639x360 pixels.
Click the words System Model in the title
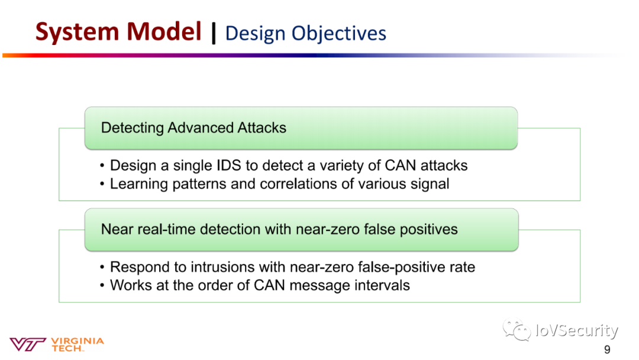pos(118,31)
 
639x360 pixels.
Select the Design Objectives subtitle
pos(306,33)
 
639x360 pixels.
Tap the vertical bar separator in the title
pos(214,33)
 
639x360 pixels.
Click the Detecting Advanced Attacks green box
pos(301,128)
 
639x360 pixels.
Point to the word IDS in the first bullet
pos(229,166)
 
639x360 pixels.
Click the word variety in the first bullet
pos(341,166)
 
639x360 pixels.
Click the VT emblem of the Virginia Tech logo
pos(27,344)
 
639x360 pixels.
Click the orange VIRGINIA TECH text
pos(78,345)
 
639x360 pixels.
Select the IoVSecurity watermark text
pos(577,330)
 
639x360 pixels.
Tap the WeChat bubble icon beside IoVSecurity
pos(517,329)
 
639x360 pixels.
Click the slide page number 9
pos(607,350)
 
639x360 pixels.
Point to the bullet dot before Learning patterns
pos(102,184)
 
